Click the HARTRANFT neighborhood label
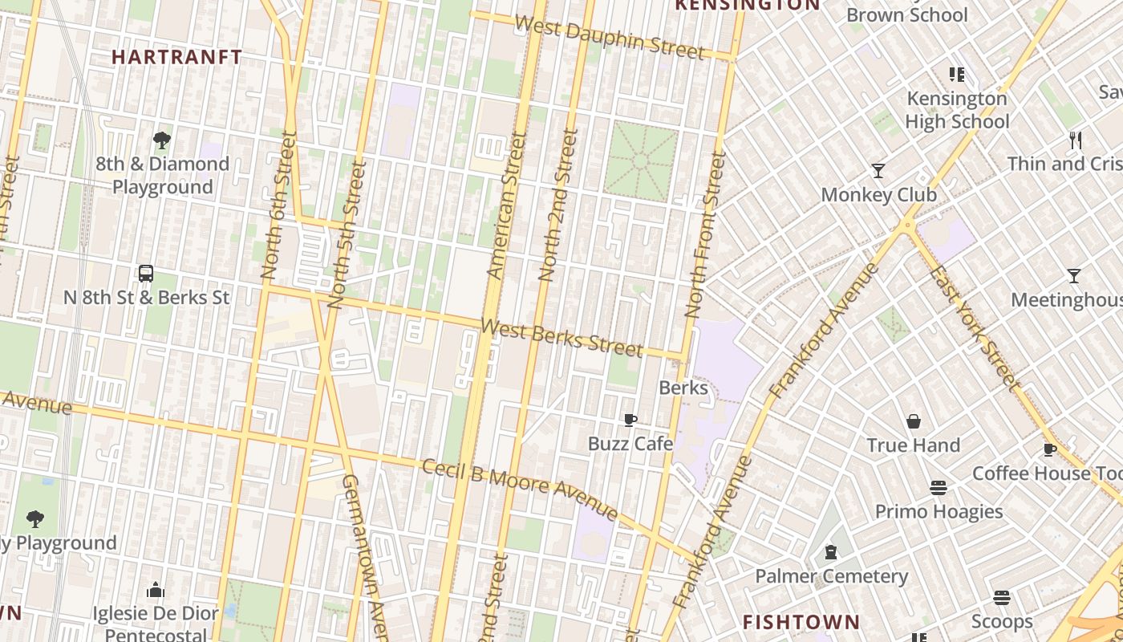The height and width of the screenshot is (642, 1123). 176,57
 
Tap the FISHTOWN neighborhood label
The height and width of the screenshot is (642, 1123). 801,622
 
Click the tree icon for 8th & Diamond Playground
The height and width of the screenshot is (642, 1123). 162,140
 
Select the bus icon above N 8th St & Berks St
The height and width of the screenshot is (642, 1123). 146,274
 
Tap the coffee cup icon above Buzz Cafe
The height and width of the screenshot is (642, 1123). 630,420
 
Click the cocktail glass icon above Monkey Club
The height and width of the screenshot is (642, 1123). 878,171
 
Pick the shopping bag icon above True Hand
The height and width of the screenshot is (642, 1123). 913,421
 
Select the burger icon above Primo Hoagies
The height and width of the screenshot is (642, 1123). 939,488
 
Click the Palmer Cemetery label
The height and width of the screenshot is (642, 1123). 831,576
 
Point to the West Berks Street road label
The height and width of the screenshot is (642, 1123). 561,337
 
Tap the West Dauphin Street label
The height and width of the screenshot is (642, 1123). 610,38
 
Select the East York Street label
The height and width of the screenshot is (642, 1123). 973,324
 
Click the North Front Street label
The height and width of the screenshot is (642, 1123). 705,234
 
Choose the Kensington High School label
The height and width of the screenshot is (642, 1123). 956,110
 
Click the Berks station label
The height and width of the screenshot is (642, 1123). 683,388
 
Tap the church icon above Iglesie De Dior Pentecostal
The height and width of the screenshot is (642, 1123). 156,591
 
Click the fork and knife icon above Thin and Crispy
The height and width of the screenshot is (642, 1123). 1076,140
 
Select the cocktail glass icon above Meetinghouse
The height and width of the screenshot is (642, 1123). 1073,276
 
